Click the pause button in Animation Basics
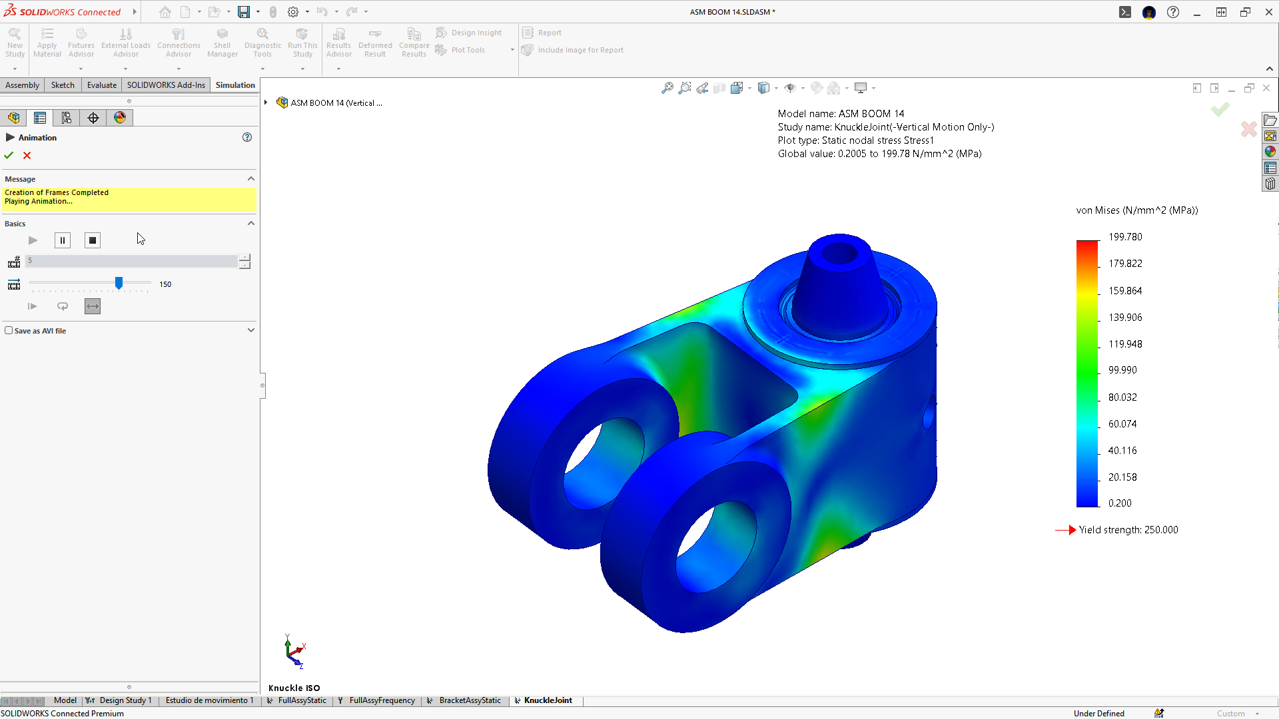point(63,240)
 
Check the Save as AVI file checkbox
point(9,330)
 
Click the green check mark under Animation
point(9,155)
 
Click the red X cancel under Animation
point(27,155)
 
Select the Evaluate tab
point(101,85)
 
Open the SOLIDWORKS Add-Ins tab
point(166,85)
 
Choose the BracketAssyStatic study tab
point(470,700)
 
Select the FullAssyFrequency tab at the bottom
point(382,700)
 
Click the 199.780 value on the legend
point(1125,237)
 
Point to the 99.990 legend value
point(1122,370)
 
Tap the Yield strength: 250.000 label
point(1128,530)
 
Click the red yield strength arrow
point(1066,530)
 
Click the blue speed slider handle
point(119,284)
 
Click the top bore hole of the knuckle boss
point(840,253)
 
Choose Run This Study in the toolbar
point(302,43)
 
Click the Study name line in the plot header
point(885,127)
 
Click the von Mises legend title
point(1136,210)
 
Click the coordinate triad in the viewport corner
point(294,651)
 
